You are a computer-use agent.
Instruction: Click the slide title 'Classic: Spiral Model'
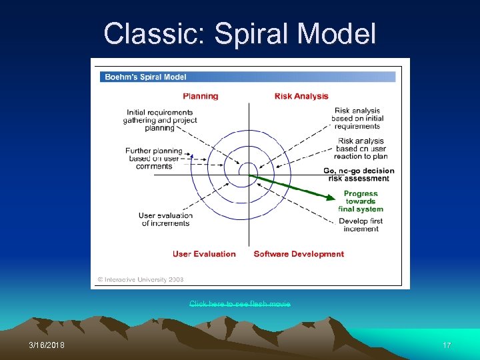pos(240,33)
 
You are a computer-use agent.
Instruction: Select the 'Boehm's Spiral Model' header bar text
pos(143,77)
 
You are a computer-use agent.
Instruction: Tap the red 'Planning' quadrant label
pos(201,96)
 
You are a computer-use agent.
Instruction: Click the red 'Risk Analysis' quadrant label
pos(301,96)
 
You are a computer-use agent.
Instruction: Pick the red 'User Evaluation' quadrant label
pos(204,254)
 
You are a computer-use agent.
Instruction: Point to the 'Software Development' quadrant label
pos(299,254)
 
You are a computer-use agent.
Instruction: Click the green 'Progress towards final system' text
pos(361,201)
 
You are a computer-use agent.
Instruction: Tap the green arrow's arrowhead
pos(331,197)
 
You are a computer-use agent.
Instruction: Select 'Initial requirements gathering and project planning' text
pos(160,120)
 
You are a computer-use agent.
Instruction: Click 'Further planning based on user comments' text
pos(154,159)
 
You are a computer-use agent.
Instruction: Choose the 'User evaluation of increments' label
pos(165,219)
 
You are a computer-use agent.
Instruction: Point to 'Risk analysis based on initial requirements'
pos(357,118)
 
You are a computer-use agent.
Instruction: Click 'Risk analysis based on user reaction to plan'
pos(361,149)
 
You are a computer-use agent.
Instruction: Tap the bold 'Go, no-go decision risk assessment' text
pos(359,175)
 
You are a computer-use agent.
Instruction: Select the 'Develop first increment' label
pos(361,225)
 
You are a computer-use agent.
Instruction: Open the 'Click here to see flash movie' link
pos(240,304)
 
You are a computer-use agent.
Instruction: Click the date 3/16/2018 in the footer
pos(47,345)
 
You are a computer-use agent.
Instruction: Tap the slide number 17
pos(447,345)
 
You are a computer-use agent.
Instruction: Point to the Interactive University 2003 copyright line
pos(141,280)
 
